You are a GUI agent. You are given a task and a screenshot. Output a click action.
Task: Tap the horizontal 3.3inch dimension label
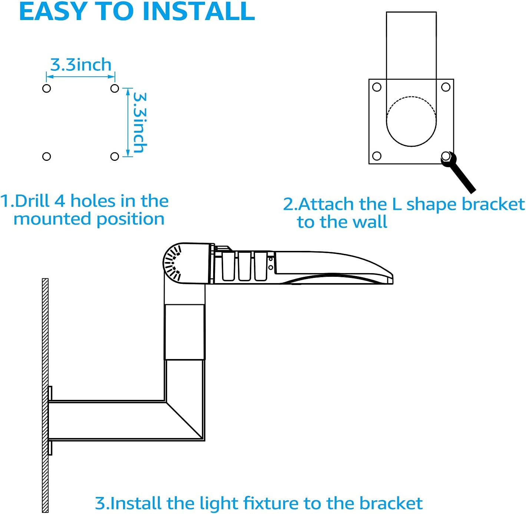click(81, 65)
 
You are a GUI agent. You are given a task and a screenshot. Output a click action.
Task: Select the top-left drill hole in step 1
click(46, 88)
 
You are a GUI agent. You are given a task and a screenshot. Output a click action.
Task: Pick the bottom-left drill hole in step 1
click(46, 156)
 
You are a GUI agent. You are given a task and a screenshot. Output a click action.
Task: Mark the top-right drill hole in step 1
click(115, 88)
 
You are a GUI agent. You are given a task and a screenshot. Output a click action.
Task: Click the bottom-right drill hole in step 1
click(115, 156)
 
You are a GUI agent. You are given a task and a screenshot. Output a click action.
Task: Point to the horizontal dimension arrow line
click(80, 77)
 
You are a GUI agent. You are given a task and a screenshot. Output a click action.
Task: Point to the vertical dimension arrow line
click(128, 122)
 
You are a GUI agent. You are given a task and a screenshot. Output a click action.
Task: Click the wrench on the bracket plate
click(458, 172)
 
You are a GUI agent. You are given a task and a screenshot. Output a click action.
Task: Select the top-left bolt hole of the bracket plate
click(377, 87)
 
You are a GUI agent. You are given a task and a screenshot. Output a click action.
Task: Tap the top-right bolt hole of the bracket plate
click(446, 87)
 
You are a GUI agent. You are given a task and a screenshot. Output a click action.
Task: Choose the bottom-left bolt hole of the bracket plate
click(377, 156)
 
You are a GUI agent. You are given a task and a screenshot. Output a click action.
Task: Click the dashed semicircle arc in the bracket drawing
click(411, 97)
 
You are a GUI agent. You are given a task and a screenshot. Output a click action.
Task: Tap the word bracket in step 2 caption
click(493, 204)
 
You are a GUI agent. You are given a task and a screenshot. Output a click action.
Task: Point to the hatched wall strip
click(45, 395)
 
